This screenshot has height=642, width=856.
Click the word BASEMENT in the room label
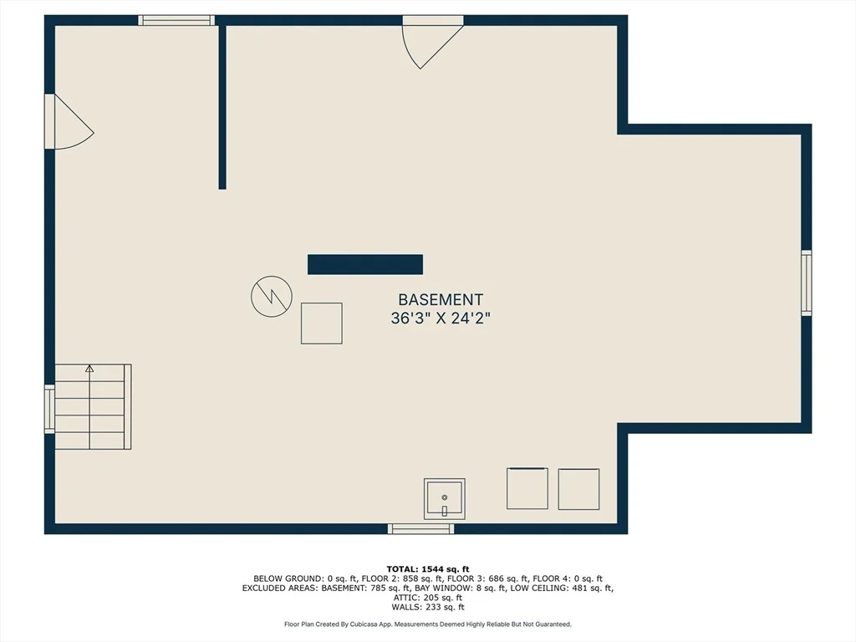(x=441, y=300)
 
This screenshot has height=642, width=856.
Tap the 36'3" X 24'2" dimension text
(x=441, y=318)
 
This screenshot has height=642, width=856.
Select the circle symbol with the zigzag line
(x=272, y=297)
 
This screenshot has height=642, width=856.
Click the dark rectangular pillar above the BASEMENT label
(x=365, y=264)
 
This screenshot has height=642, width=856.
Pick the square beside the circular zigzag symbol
(x=322, y=324)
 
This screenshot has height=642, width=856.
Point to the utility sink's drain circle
(x=445, y=497)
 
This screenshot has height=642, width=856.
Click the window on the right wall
(x=807, y=283)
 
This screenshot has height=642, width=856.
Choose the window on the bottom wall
(x=421, y=528)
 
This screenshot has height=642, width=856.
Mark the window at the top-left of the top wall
(x=176, y=20)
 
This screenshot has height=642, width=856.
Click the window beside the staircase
(x=49, y=409)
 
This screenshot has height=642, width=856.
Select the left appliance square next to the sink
(x=527, y=488)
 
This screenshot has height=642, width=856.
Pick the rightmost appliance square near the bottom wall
(x=578, y=489)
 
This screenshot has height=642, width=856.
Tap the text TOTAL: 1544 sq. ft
(x=428, y=569)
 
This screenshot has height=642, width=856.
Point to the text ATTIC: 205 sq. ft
(x=428, y=598)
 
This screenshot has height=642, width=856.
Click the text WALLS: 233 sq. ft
(x=428, y=607)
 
